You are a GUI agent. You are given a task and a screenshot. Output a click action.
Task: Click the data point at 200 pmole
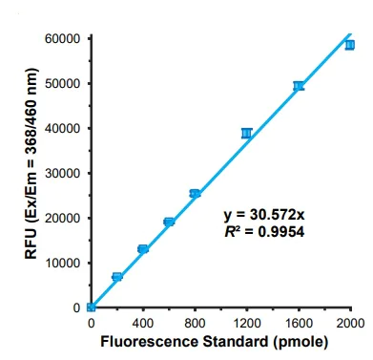click(x=117, y=277)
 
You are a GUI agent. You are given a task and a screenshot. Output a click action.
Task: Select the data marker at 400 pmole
click(x=143, y=249)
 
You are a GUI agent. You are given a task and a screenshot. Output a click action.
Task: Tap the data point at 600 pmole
click(x=169, y=222)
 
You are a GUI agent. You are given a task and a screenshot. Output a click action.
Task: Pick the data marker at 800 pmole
click(x=195, y=194)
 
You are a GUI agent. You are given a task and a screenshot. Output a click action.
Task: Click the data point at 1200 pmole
click(x=247, y=134)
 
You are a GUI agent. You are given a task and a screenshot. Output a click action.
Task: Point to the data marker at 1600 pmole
click(x=299, y=86)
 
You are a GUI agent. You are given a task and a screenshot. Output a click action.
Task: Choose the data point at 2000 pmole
click(x=350, y=45)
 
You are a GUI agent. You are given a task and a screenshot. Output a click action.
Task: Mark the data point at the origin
click(x=91, y=307)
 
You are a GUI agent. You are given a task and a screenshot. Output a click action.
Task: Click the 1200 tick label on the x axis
click(x=247, y=323)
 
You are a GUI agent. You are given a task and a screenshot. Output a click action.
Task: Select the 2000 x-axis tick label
click(x=350, y=323)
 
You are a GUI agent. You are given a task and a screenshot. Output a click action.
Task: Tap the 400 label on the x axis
click(x=143, y=323)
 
